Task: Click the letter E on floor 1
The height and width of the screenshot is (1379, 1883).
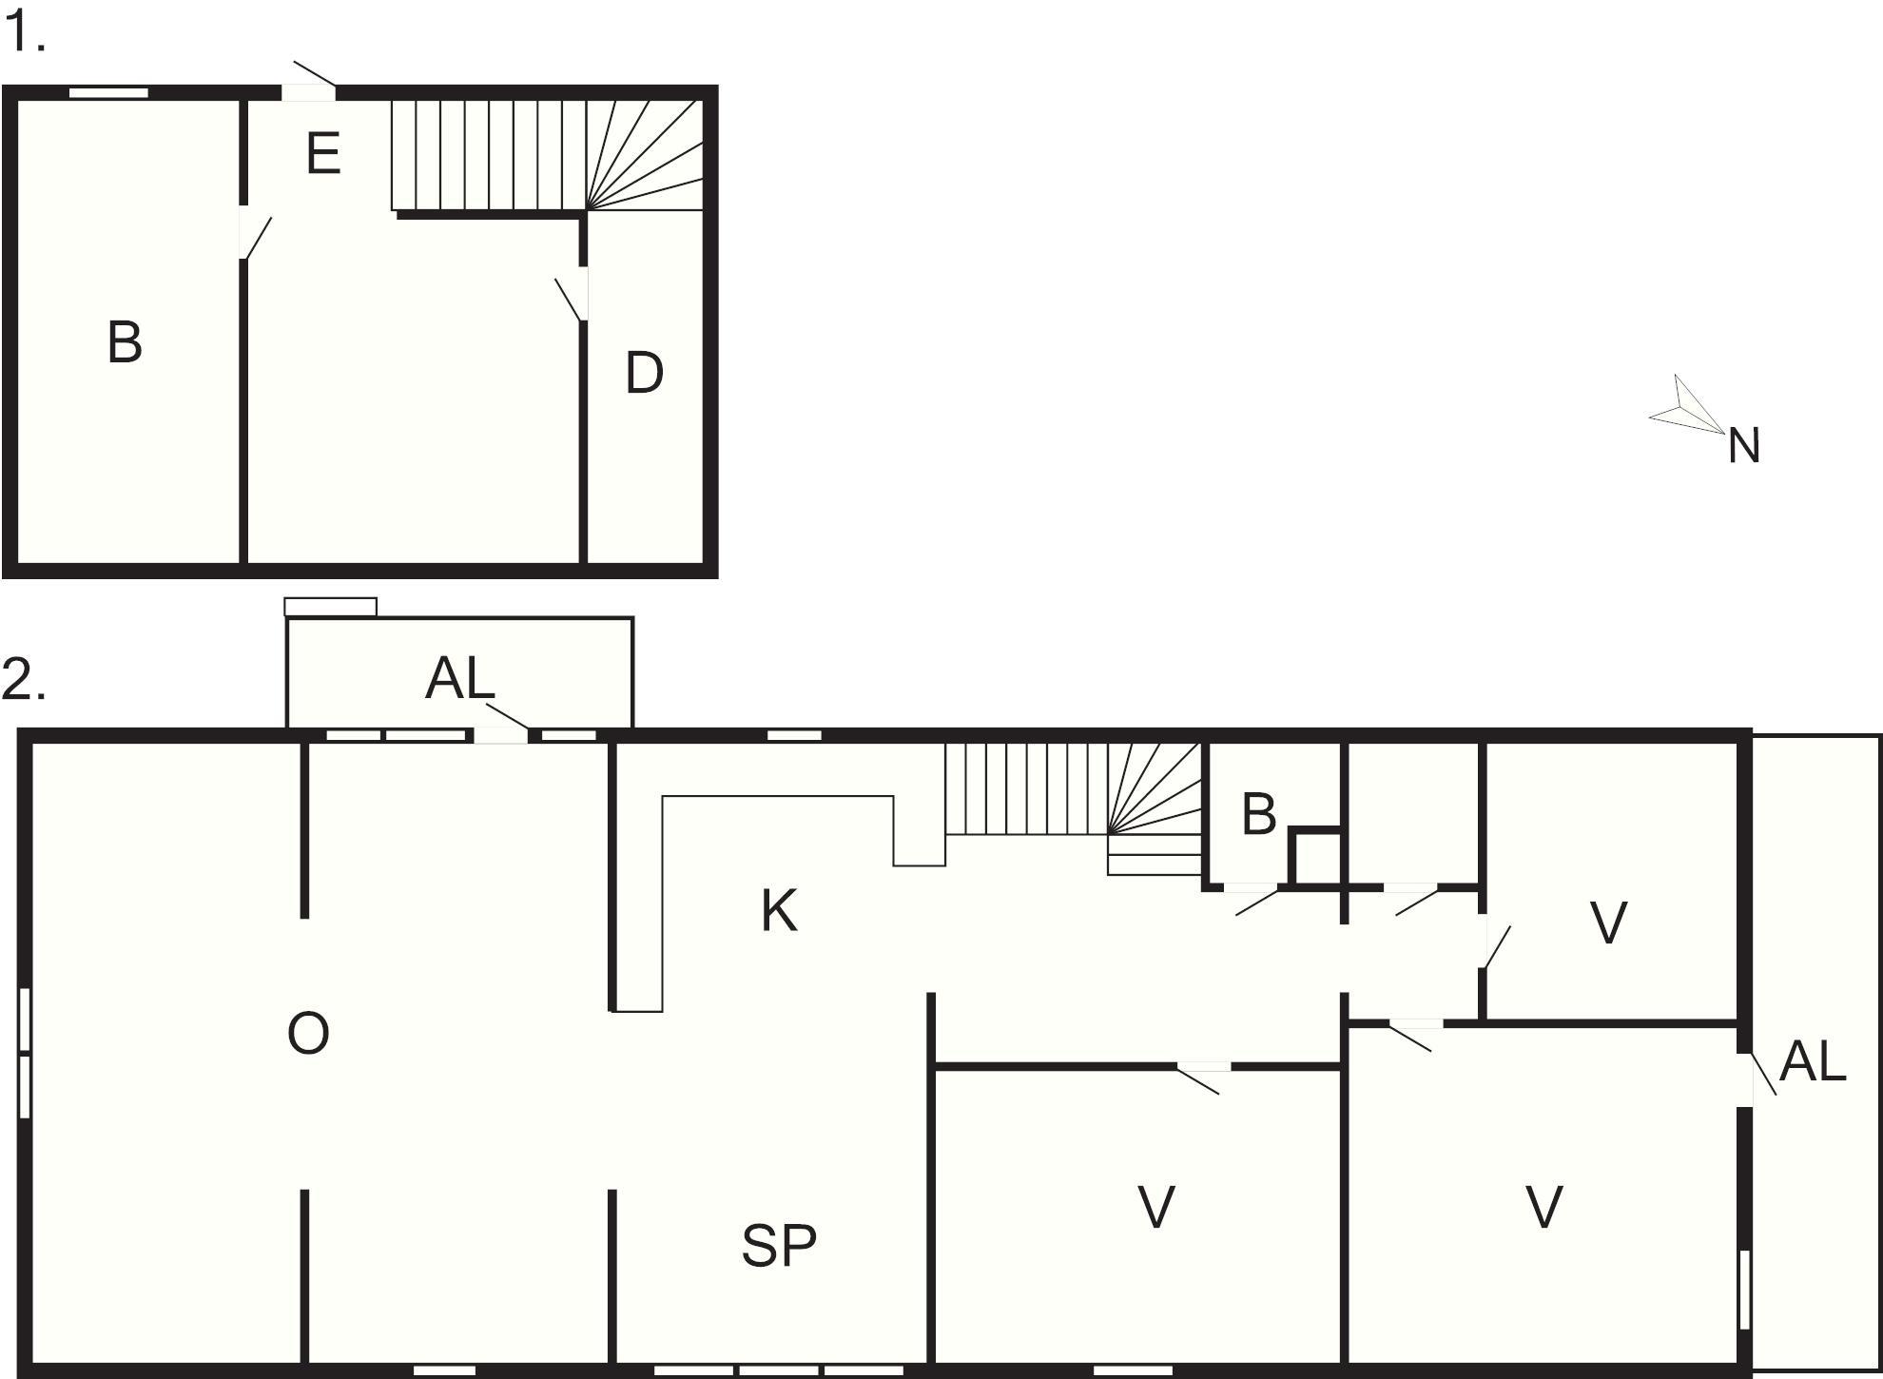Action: tap(323, 154)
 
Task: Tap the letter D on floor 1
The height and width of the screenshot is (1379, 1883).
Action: tap(644, 373)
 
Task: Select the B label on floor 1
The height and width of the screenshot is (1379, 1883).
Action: tap(125, 342)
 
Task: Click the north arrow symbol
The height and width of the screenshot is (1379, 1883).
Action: tap(1686, 406)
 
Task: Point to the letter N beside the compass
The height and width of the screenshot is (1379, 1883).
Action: tap(1744, 446)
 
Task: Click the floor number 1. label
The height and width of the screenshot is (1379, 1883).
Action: tap(25, 34)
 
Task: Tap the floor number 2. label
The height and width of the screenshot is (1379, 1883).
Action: tap(24, 681)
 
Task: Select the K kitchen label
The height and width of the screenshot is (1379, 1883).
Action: tap(779, 910)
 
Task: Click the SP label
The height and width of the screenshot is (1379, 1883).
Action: tap(779, 1246)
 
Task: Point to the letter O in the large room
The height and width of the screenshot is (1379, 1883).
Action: tap(308, 1033)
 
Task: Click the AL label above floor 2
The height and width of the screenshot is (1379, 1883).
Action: tap(460, 679)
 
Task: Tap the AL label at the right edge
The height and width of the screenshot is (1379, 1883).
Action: tap(1813, 1061)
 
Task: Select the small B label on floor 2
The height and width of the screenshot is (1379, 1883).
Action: tap(1259, 815)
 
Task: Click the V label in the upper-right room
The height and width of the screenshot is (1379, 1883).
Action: tap(1608, 923)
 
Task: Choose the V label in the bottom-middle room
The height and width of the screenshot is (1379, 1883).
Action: tap(1156, 1208)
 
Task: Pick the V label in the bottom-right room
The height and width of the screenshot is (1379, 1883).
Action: tap(1544, 1208)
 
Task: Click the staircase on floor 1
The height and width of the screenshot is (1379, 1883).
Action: tap(548, 155)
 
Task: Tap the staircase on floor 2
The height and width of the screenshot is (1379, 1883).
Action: tap(1074, 808)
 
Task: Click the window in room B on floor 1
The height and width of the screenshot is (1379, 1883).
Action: tap(108, 93)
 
